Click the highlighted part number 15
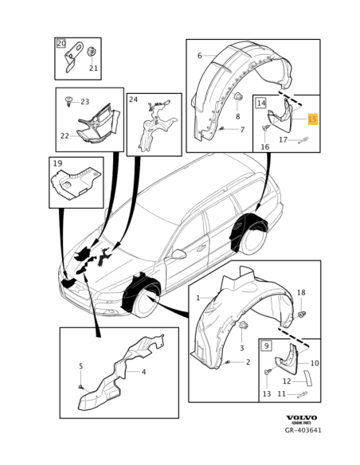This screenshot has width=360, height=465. point(312,119)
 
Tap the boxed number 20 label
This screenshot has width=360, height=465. point(61,44)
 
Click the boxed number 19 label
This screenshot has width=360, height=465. point(57,164)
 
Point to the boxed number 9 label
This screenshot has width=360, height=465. point(267,346)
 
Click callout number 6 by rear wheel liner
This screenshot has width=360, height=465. point(199,56)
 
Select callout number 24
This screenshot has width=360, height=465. point(134,100)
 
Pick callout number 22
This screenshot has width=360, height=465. point(65,136)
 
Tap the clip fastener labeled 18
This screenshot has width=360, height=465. point(302,315)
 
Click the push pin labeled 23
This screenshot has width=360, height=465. point(70,102)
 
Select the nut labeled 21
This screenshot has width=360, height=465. point(92,53)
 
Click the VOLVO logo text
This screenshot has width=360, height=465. point(301,417)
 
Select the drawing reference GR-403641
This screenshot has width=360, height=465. point(303,431)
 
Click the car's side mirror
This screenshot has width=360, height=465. point(179,255)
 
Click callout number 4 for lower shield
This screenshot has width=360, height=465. point(143,371)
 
